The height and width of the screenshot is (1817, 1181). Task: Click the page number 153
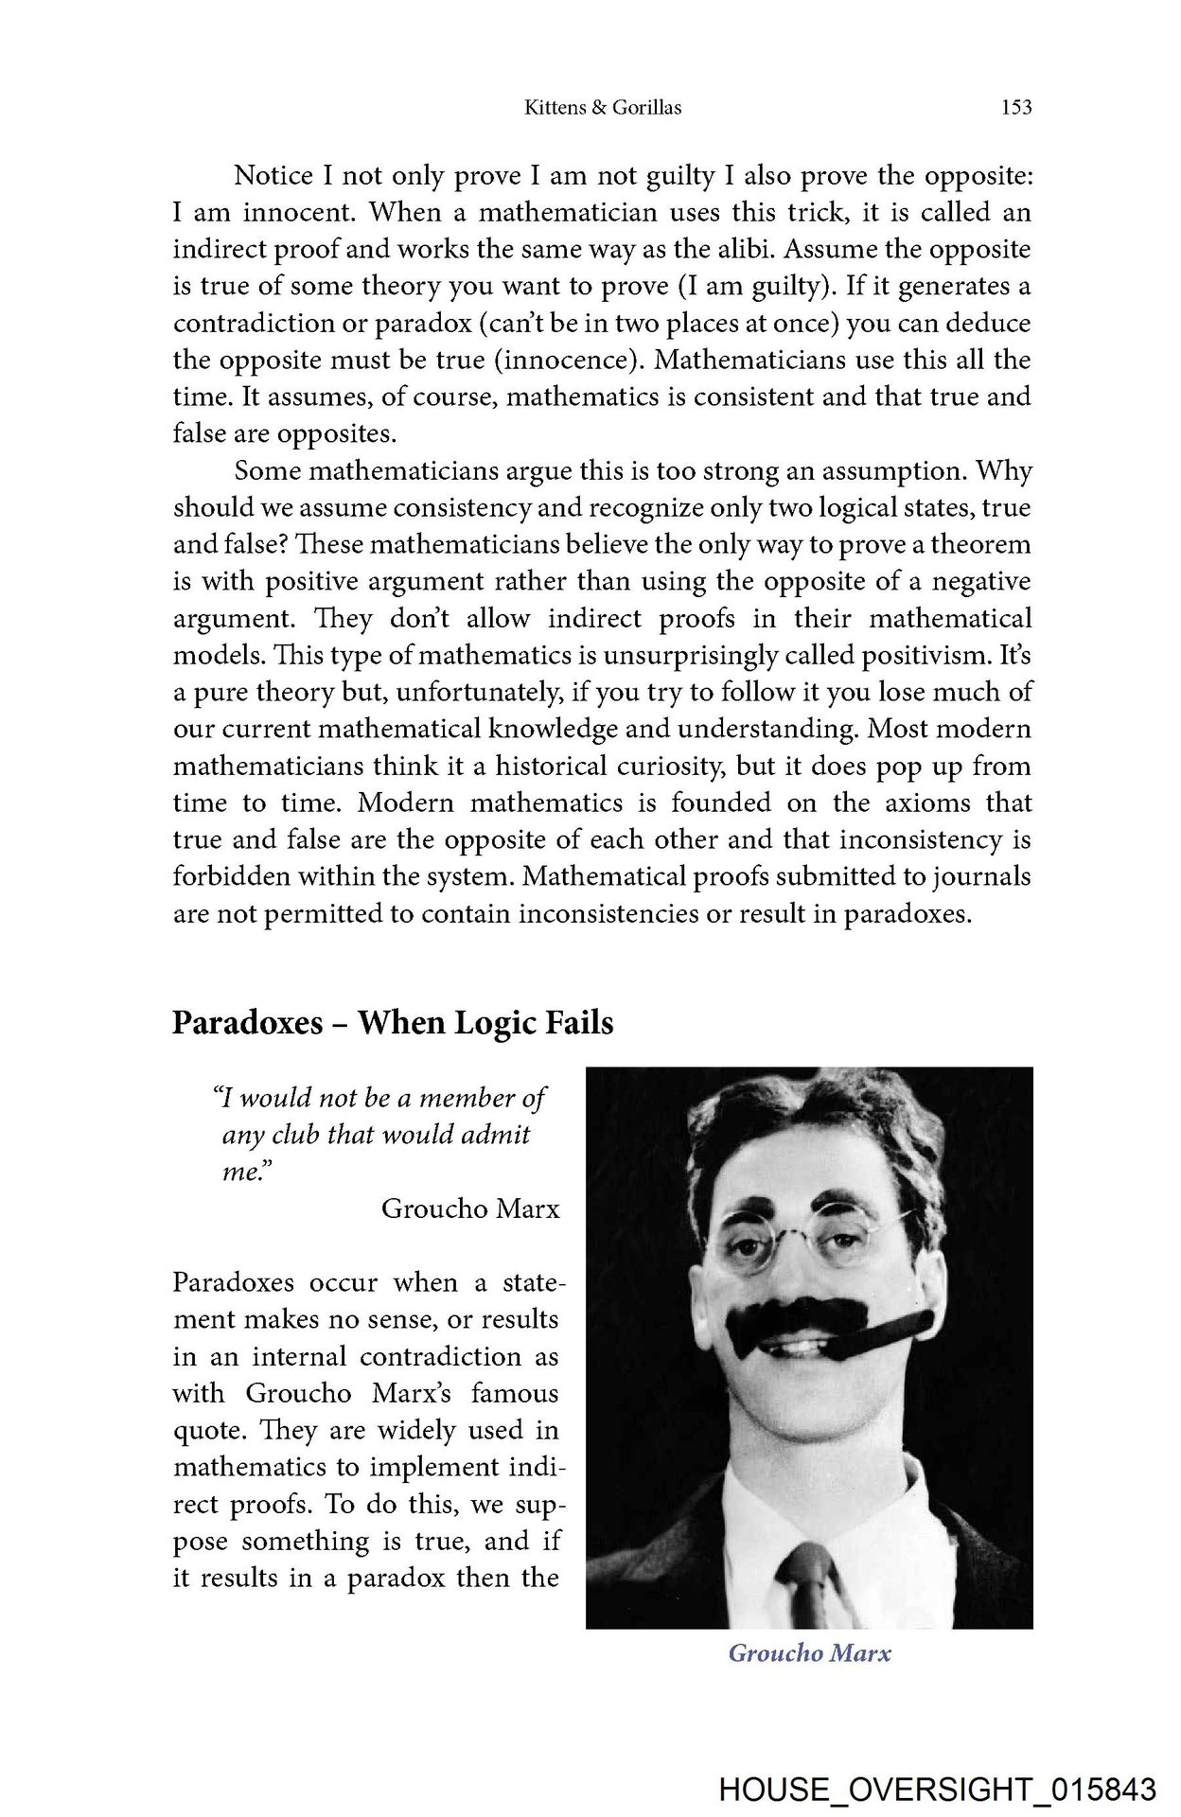[1015, 108]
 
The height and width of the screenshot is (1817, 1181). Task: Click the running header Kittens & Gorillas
[603, 108]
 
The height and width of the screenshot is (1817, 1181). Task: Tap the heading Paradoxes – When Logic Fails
[393, 1023]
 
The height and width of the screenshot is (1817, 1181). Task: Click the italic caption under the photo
[809, 1653]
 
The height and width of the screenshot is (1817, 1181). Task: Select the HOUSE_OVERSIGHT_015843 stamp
[937, 1790]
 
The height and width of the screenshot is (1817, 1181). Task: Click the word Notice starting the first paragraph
[273, 176]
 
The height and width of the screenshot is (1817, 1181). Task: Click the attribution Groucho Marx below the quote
[470, 1208]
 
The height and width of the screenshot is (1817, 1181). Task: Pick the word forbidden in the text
[231, 877]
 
